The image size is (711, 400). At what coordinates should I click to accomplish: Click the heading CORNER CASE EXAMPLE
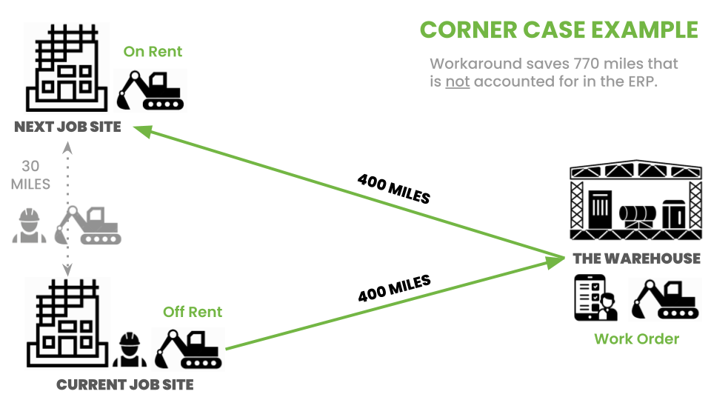(x=558, y=30)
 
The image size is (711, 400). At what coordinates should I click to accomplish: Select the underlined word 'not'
(x=457, y=81)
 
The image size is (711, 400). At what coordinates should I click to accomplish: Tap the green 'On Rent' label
(x=153, y=52)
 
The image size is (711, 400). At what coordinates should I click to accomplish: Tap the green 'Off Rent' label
(x=193, y=312)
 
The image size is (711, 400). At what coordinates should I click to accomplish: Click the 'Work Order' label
(x=636, y=339)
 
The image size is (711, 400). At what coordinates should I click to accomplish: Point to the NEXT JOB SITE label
(x=67, y=127)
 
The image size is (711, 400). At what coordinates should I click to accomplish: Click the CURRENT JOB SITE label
(x=125, y=384)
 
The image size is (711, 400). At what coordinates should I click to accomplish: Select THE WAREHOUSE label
(x=636, y=259)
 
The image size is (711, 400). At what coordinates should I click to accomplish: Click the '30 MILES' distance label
(x=30, y=176)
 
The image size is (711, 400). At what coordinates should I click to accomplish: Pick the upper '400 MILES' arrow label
(x=393, y=189)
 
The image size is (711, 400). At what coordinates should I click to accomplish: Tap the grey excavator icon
(x=92, y=225)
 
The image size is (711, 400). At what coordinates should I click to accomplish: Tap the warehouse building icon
(x=635, y=200)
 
